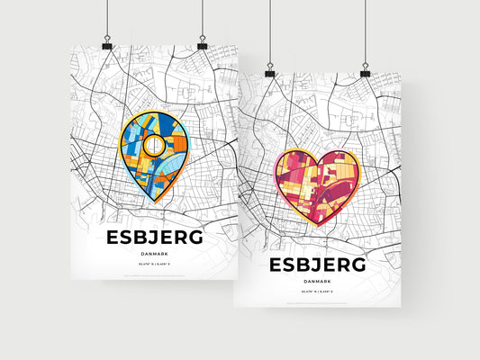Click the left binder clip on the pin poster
(107, 45)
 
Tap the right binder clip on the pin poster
(202, 45)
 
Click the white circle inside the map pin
(154, 145)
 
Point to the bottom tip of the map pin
(154, 202)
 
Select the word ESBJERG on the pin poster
(154, 238)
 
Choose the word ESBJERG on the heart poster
(316, 265)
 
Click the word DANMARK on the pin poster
(154, 255)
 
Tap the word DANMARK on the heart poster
(316, 282)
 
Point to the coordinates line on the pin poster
(154, 267)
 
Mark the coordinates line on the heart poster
(316, 293)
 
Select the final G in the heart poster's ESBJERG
(358, 265)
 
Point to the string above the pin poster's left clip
(107, 18)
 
